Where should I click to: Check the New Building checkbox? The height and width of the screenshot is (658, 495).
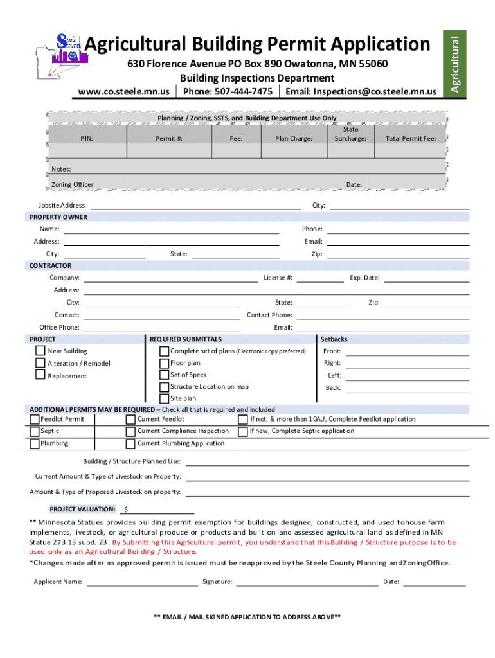[40, 351]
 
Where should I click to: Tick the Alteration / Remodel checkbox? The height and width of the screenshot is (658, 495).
[40, 363]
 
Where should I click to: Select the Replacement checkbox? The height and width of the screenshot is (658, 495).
[40, 375]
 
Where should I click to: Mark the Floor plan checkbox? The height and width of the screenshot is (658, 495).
[165, 363]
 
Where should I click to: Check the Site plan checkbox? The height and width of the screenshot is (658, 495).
[165, 398]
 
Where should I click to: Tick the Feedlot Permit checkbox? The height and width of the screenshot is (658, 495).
[35, 419]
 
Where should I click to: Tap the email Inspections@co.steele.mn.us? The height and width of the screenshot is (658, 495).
[375, 91]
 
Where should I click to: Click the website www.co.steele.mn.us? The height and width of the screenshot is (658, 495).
[123, 91]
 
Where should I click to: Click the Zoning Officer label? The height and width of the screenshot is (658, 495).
[72, 185]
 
